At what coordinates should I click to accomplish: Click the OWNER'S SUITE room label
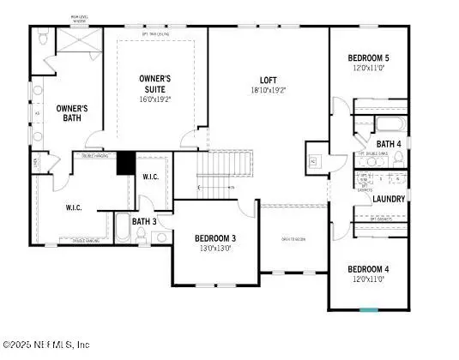[155, 83]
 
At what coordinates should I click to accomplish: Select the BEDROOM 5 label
[368, 58]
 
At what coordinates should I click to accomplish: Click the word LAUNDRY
[389, 199]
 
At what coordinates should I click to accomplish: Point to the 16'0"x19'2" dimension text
[155, 99]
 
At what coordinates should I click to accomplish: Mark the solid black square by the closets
[126, 162]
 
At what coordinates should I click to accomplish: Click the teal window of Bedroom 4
[368, 310]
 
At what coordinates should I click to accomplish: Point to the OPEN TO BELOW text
[294, 239]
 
